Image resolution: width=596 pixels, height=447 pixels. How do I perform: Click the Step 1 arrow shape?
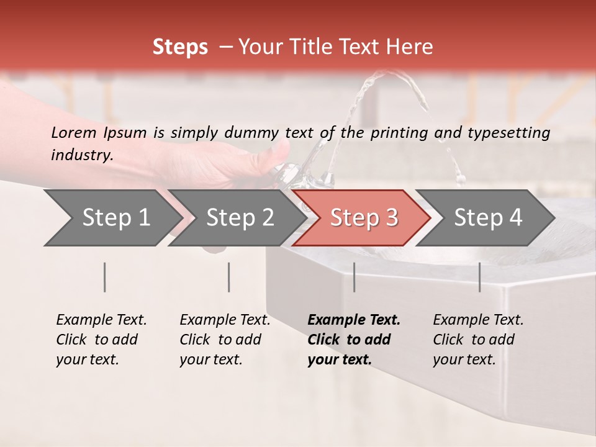point(112,218)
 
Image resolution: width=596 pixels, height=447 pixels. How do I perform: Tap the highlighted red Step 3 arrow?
point(363,218)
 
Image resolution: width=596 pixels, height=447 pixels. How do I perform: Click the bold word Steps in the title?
point(180,47)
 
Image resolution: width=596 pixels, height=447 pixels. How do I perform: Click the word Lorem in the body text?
point(74,132)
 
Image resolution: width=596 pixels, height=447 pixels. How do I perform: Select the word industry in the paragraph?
point(82,155)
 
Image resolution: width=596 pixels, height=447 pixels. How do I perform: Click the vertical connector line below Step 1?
point(105,277)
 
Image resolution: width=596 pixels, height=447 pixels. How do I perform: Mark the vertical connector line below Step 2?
point(229,277)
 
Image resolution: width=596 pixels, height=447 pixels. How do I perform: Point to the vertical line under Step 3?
point(354,277)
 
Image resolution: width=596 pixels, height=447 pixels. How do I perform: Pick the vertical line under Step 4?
point(480,277)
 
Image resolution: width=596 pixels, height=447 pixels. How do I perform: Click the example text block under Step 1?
point(101,340)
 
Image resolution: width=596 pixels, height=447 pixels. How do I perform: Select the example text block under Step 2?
point(225,340)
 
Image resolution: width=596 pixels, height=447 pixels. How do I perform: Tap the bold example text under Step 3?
point(353,340)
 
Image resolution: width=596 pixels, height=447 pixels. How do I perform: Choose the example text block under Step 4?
point(478,340)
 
